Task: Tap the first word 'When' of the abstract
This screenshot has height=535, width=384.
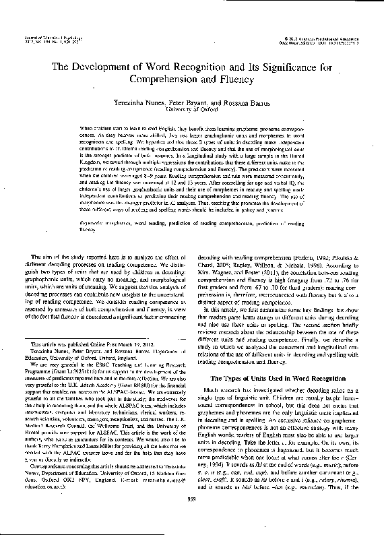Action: pyautogui.click(x=88, y=127)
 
